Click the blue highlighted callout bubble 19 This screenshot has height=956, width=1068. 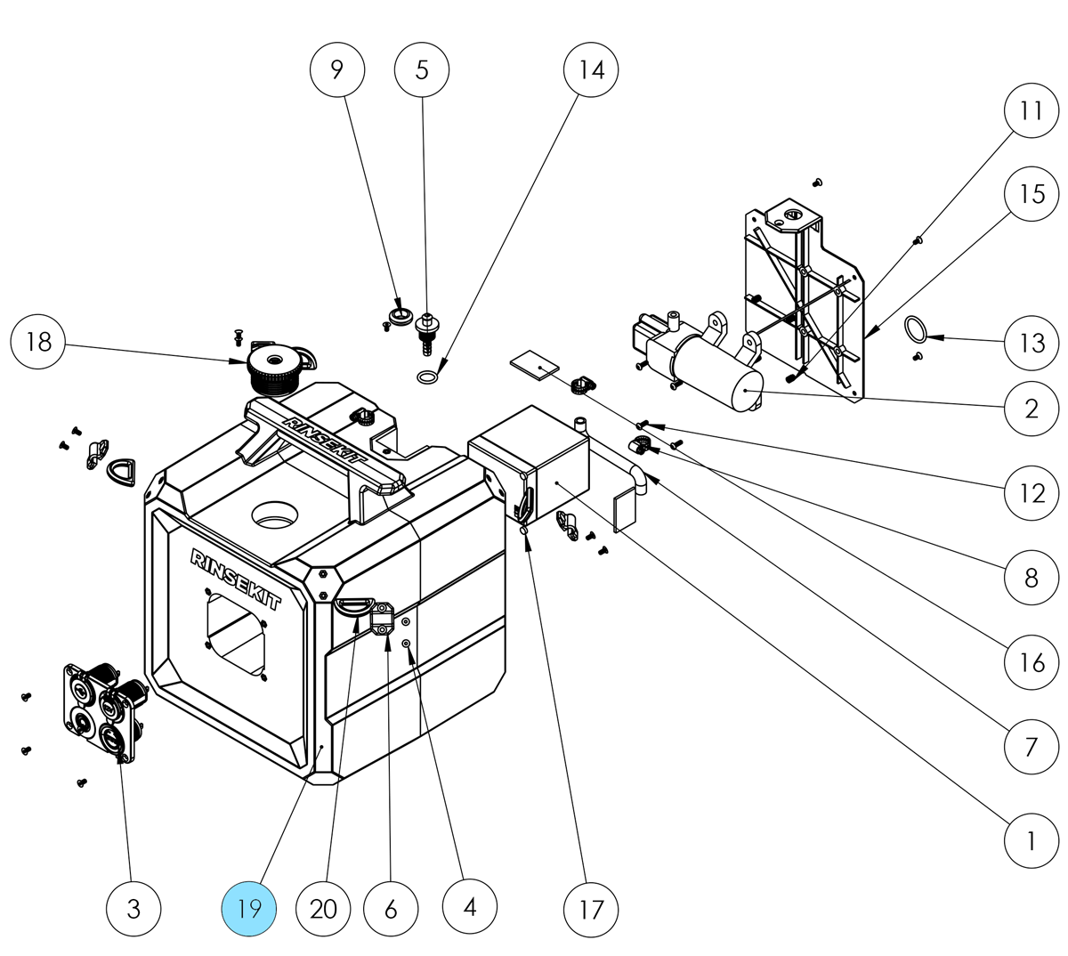pyautogui.click(x=249, y=909)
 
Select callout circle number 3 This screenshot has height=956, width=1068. pyautogui.click(x=133, y=909)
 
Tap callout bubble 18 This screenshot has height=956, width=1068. pyautogui.click(x=38, y=342)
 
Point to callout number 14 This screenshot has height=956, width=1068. pyautogui.click(x=592, y=69)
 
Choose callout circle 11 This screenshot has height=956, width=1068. pyautogui.click(x=1032, y=110)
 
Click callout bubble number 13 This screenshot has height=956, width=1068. pyautogui.click(x=1032, y=342)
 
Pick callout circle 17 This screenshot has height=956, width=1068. pyautogui.click(x=592, y=909)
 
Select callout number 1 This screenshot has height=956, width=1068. pyautogui.click(x=1032, y=840)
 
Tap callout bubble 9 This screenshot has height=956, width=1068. pyautogui.click(x=337, y=69)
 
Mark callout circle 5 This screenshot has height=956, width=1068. pyautogui.click(x=422, y=69)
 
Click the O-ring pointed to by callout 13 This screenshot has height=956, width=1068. pyautogui.click(x=915, y=329)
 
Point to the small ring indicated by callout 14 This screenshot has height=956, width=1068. pyautogui.click(x=428, y=378)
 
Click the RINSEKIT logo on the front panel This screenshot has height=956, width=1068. pyautogui.click(x=236, y=579)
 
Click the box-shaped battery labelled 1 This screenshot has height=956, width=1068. pyautogui.click(x=529, y=467)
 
